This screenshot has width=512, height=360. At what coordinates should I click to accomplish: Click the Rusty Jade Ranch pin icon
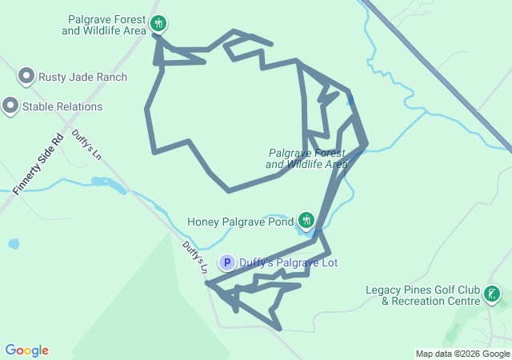(x=26, y=76)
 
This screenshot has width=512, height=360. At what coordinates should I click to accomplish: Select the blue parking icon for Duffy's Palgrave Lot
(x=227, y=262)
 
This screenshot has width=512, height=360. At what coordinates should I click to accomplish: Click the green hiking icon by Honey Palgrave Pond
(x=306, y=219)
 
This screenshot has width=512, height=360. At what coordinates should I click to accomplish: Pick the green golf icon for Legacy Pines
(x=493, y=294)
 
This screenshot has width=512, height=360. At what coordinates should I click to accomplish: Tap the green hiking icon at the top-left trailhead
(x=159, y=23)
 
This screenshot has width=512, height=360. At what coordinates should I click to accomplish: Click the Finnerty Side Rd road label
(x=38, y=165)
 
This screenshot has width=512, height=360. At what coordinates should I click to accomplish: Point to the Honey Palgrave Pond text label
(x=239, y=221)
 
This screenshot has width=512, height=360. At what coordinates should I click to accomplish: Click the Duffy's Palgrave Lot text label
(x=289, y=262)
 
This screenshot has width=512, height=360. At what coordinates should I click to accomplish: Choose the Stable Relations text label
(x=62, y=106)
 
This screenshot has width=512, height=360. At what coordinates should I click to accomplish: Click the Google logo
(x=26, y=350)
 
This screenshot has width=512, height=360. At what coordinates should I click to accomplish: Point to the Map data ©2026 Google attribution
(x=462, y=354)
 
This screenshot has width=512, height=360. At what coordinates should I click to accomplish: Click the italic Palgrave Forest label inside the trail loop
(x=307, y=158)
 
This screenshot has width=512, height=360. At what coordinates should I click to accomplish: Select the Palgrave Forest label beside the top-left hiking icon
(x=107, y=24)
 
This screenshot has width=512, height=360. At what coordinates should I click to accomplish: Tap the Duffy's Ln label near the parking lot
(x=194, y=257)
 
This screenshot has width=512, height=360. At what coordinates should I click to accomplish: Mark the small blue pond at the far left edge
(x=12, y=244)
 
